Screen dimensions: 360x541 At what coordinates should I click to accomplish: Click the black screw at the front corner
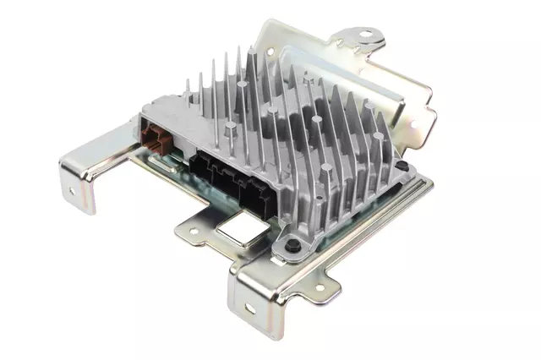click(292, 246)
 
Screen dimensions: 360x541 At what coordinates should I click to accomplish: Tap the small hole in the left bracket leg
click(71, 191)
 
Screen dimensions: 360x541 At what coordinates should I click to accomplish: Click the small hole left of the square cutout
click(193, 227)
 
